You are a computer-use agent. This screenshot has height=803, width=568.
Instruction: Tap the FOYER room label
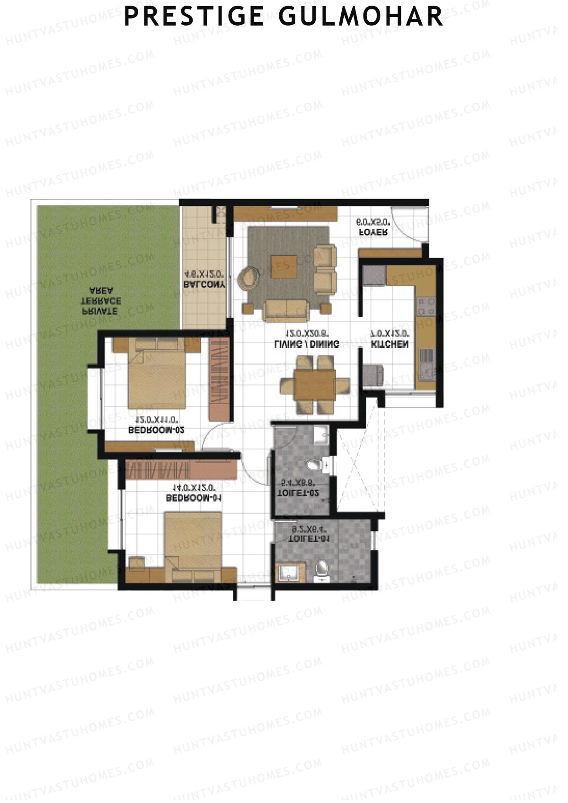(x=374, y=232)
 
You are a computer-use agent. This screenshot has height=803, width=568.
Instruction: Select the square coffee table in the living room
(x=284, y=266)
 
